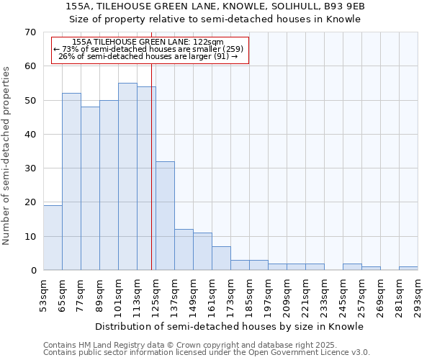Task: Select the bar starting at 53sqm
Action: (53, 238)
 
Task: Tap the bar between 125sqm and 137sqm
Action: (165, 216)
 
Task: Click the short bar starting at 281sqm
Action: (408, 269)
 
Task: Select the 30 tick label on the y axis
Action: (30, 168)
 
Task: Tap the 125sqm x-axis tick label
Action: (156, 296)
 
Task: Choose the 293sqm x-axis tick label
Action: (418, 296)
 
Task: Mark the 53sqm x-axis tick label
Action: (43, 296)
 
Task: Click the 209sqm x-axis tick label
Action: (287, 296)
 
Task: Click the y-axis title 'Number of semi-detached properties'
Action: (7, 156)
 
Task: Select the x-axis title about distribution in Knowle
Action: (230, 326)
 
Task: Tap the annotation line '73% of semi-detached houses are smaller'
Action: (148, 49)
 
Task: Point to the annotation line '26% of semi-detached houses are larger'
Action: (148, 56)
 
